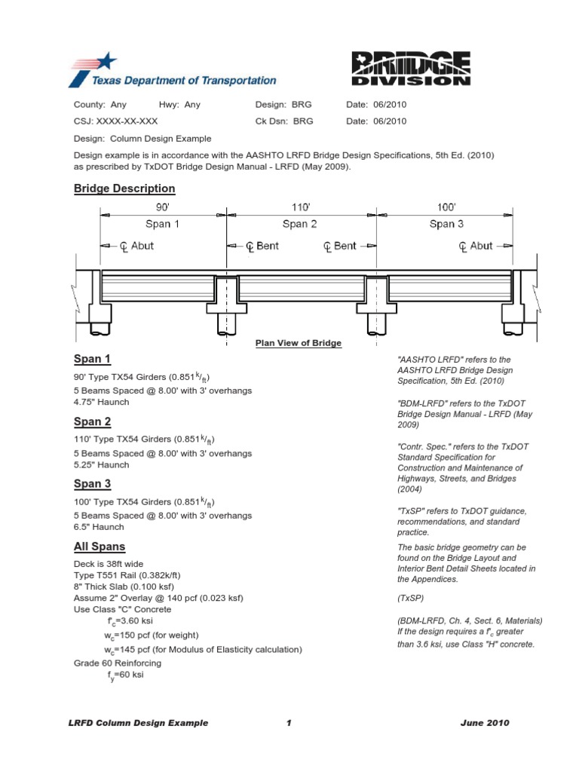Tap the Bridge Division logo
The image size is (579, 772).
tap(411, 67)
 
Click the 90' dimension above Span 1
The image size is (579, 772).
tap(162, 206)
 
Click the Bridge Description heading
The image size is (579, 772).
tap(124, 188)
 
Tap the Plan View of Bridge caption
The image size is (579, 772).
tap(299, 343)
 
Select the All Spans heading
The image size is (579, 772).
tap(100, 547)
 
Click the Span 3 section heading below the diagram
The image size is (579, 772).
tap(92, 484)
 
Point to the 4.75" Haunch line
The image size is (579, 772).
tap(101, 402)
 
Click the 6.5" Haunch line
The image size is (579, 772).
tap(99, 528)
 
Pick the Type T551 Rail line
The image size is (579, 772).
tap(127, 575)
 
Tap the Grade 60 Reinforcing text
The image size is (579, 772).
tap(118, 663)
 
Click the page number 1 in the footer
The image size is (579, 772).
tap(289, 723)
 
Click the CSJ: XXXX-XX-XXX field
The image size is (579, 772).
tap(115, 121)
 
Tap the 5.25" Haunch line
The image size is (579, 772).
tap(101, 465)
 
